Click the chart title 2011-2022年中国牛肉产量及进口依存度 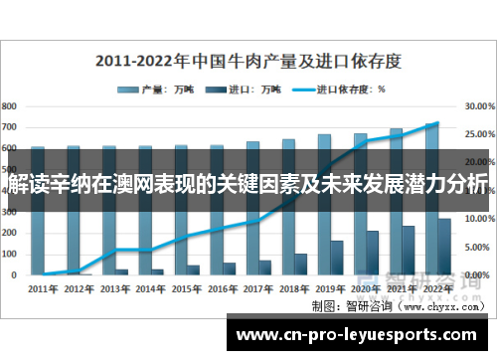(x=248, y=60)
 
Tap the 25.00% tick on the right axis (x=479, y=133)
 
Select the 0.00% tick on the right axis (x=479, y=273)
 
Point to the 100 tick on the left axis (x=10, y=253)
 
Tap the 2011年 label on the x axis (x=43, y=289)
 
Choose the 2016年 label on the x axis (x=223, y=289)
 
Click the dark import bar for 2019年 (x=337, y=258)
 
